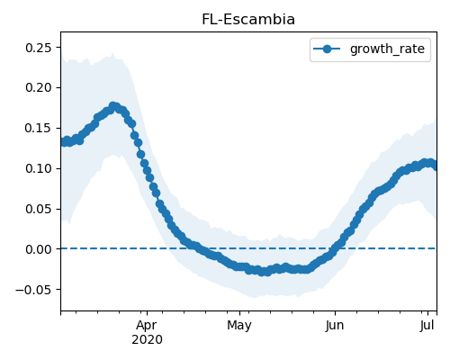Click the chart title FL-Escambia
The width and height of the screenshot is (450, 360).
[248, 20]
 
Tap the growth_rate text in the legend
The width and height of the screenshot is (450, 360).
[387, 49]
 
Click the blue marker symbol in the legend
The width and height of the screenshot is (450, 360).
[327, 49]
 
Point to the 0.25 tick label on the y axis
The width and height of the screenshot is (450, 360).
[39, 48]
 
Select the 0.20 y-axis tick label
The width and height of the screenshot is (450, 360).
[39, 88]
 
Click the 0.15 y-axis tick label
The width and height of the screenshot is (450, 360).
[39, 128]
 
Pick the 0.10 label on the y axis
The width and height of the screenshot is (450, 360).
[39, 168]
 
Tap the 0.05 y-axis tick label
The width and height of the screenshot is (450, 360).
[39, 209]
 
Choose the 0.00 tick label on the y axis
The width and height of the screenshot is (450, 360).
[39, 249]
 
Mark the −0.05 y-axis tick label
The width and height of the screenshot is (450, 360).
[33, 290]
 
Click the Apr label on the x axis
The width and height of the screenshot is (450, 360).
[147, 326]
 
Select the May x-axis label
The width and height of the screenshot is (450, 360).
[239, 326]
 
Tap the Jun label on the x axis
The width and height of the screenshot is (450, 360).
[335, 326]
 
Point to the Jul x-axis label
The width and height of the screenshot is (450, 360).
[427, 326]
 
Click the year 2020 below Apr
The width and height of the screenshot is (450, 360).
[147, 340]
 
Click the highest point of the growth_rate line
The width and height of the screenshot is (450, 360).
[113, 106]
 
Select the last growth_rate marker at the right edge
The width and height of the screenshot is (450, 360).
[435, 166]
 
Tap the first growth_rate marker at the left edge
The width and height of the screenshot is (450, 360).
[64, 142]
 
